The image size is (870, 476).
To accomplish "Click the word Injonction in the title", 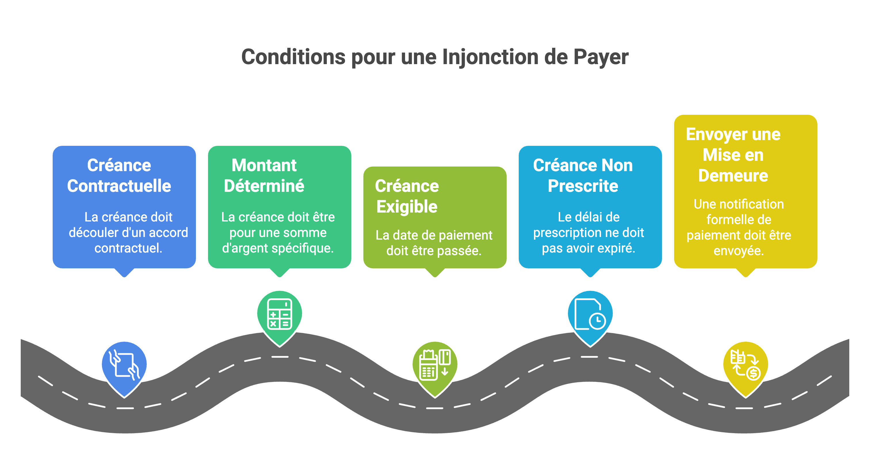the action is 489,57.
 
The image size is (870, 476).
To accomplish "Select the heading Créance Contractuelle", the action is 119,175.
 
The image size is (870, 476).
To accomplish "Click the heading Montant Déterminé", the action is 264,175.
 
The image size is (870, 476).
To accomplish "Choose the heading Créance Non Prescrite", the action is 583,175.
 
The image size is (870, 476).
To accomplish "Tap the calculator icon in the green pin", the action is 280,314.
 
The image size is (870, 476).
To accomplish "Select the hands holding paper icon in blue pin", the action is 124,365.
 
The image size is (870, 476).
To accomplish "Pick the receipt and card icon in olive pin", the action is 435,365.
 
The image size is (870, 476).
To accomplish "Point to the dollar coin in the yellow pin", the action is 753,373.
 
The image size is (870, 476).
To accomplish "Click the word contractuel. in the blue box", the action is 128,248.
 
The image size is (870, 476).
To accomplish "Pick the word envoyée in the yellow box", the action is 739,251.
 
